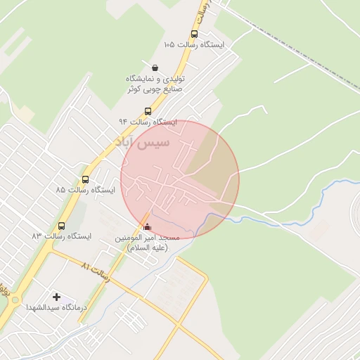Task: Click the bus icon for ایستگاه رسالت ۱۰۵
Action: click(x=194, y=34)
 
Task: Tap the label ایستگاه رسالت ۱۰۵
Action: click(x=193, y=44)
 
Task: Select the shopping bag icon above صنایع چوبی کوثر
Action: click(x=155, y=67)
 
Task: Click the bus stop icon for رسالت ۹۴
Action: click(x=148, y=111)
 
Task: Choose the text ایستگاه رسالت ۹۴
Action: click(x=148, y=122)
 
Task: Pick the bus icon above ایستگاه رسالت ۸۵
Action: click(x=86, y=179)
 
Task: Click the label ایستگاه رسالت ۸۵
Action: click(x=86, y=190)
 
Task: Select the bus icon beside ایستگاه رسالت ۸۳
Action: click(x=62, y=226)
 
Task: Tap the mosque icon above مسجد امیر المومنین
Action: click(x=147, y=226)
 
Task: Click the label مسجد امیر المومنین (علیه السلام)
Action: click(x=148, y=243)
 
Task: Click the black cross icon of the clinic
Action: click(x=57, y=297)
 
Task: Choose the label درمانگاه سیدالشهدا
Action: click(x=56, y=308)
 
